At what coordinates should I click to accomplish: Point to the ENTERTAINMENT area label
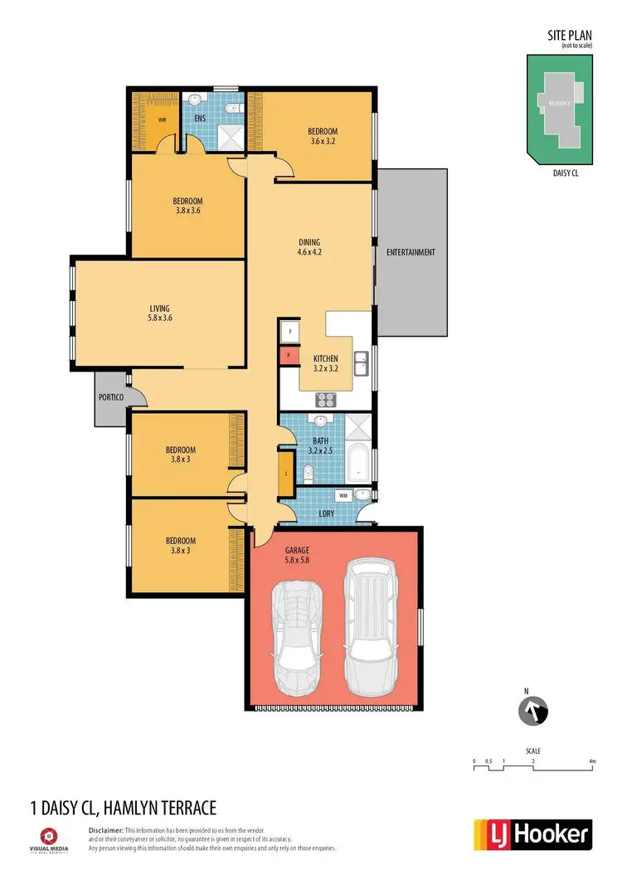tap(411, 252)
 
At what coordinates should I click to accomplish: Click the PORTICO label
tap(111, 398)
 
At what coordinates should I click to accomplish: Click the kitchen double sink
tap(361, 363)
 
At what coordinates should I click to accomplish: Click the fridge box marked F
tap(289, 331)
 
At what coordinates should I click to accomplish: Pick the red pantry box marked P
tap(289, 355)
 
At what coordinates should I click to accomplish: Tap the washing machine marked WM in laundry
tap(343, 495)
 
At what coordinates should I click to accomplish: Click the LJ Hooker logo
tap(532, 834)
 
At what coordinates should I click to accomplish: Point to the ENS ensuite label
tap(199, 119)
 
